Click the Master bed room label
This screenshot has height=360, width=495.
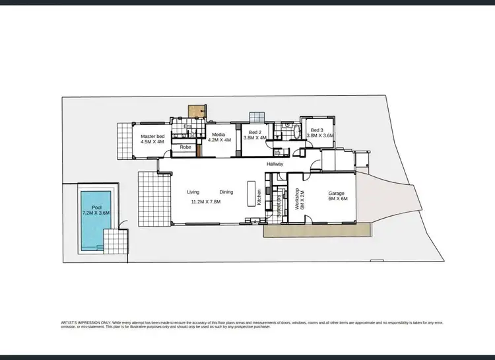tap(152, 137)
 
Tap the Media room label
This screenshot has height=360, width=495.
tap(219, 135)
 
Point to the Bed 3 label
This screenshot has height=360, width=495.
tap(317, 130)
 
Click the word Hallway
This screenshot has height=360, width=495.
tap(275, 164)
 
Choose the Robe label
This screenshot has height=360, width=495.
tap(185, 147)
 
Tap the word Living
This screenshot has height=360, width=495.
tap(193, 192)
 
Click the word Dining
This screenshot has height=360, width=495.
tap(226, 192)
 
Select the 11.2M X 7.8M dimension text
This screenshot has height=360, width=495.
tap(205, 201)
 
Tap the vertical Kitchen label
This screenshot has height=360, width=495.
tap(259, 197)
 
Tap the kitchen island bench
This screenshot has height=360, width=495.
tap(251, 193)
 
